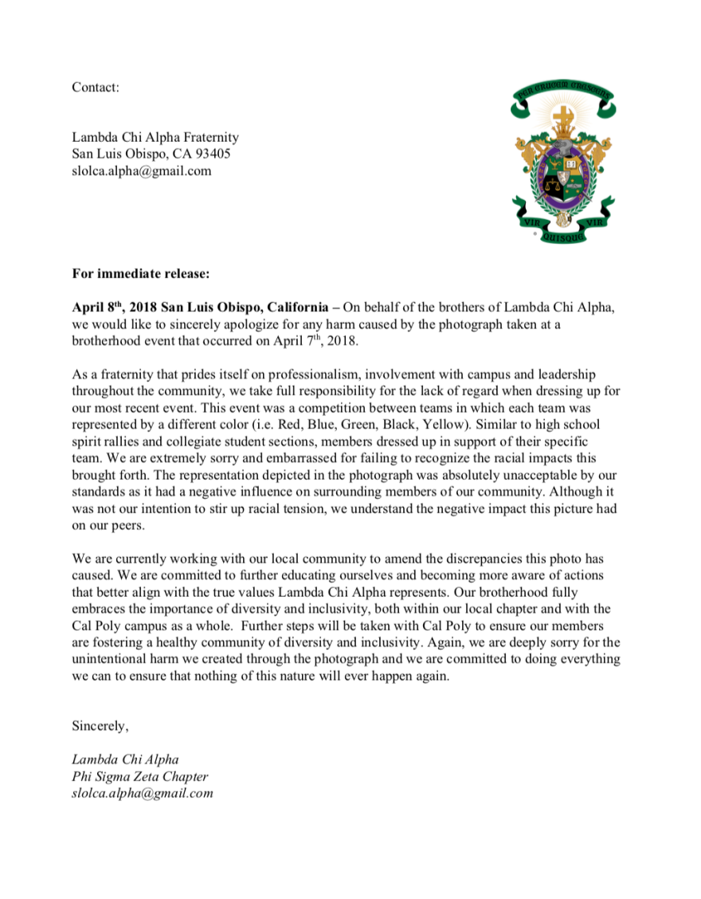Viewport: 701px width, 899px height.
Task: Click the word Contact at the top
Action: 95,87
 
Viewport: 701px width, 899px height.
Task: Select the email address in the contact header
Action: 141,171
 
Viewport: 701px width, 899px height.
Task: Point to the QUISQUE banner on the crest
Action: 563,234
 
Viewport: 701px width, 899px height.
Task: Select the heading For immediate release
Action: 141,274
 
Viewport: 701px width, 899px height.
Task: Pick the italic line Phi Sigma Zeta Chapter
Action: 140,776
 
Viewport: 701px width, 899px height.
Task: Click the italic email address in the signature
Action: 143,793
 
